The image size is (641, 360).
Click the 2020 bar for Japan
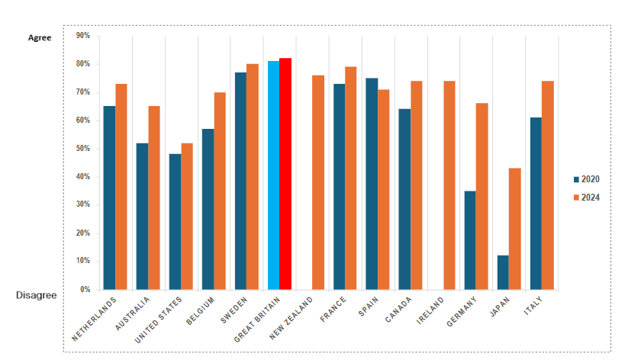503,272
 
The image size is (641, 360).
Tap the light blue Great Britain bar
273,175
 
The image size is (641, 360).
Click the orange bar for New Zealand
318,182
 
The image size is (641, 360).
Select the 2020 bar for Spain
372,184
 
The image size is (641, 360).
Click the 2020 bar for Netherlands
109,198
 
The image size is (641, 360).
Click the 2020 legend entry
586,179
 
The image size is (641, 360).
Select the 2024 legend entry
586,198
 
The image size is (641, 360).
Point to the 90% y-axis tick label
83,36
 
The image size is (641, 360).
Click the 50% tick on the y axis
83,149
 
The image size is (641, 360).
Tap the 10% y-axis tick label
83,262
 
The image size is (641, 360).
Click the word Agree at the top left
40,37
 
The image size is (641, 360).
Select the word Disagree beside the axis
36,294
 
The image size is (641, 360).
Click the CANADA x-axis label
399,309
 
